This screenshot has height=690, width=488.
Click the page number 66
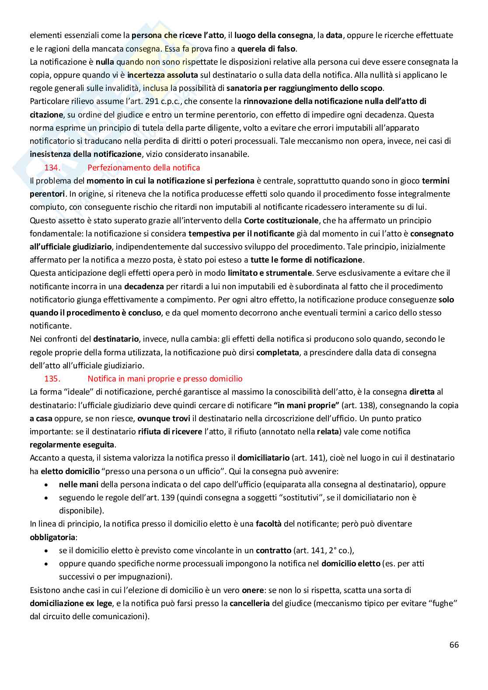(454, 645)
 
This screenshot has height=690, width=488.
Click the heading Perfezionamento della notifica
(143, 168)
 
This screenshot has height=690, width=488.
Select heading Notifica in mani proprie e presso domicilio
(165, 379)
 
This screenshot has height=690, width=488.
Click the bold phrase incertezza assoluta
(163, 75)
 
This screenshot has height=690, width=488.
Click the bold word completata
(278, 352)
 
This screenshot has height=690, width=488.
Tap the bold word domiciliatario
(263, 458)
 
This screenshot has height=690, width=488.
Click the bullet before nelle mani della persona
(47, 485)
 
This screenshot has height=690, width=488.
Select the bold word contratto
(273, 551)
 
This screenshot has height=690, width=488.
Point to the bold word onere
(253, 590)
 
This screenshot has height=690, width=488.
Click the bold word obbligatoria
(53, 537)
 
